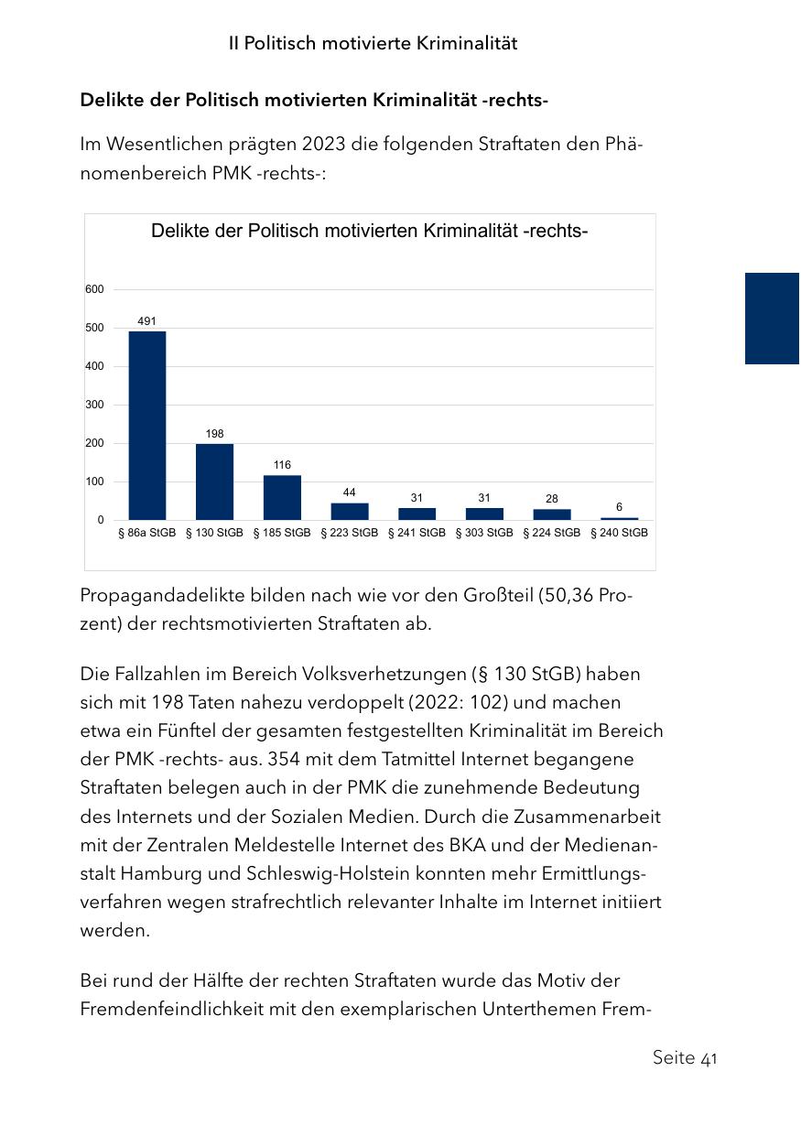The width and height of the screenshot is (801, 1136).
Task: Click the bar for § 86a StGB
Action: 146,426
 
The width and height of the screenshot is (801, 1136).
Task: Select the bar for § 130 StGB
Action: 214,481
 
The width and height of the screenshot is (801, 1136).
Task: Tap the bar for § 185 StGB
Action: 282,497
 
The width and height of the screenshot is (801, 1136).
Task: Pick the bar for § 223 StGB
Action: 350,511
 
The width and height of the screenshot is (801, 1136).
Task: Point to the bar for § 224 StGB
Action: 552,514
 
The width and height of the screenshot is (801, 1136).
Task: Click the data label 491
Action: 146,321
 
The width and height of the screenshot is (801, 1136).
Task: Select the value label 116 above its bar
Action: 282,466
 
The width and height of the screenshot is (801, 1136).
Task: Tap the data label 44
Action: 350,492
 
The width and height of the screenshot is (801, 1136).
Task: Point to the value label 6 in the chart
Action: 620,507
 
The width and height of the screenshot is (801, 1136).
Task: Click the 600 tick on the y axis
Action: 95,289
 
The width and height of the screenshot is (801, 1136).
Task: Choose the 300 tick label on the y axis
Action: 95,405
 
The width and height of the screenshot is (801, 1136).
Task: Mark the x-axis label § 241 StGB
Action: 417,533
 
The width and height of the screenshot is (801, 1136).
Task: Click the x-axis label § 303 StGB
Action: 484,533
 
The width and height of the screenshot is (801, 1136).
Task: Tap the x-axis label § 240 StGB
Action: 620,533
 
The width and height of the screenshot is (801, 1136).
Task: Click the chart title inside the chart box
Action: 369,232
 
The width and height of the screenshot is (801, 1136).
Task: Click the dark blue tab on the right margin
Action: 772,319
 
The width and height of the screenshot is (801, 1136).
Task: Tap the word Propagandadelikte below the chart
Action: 159,596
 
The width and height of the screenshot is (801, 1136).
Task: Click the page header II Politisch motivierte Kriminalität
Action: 373,44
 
